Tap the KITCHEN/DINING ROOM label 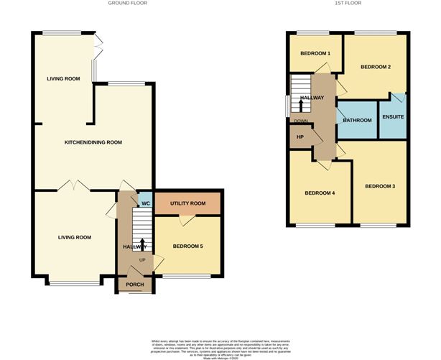click(93, 142)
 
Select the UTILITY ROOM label click(188, 203)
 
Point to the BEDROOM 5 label click(187, 246)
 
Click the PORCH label click(135, 285)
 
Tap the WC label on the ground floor click(144, 203)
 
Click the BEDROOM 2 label click(375, 67)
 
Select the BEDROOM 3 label click(380, 187)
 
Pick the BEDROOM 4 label click(320, 193)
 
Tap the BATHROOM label click(357, 120)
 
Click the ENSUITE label click(393, 116)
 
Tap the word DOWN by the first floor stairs click(300, 121)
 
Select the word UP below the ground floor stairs click(141, 260)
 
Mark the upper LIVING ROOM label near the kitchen click(63, 78)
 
